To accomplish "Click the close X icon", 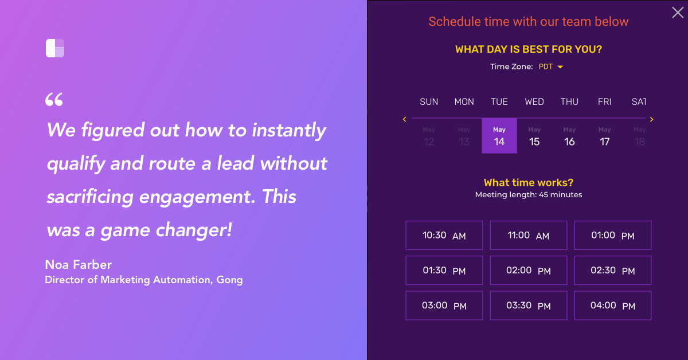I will pyautogui.click(x=677, y=13).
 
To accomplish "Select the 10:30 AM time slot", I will pyautogui.click(x=444, y=236).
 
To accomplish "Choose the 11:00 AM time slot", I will pyautogui.click(x=528, y=236).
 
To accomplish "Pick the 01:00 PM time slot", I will pyautogui.click(x=612, y=236).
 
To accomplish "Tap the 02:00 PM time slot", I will pyautogui.click(x=528, y=271).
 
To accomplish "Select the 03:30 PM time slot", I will pyautogui.click(x=528, y=306).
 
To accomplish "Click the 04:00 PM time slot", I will pyautogui.click(x=612, y=306).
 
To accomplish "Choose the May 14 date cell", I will pyautogui.click(x=499, y=136).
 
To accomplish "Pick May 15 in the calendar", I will pyautogui.click(x=534, y=136).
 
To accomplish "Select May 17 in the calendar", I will pyautogui.click(x=604, y=136).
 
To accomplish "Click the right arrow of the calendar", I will pyautogui.click(x=651, y=119).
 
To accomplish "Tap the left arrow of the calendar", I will pyautogui.click(x=405, y=119).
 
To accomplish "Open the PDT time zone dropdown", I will pyautogui.click(x=550, y=67).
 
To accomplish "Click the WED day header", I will pyautogui.click(x=534, y=102).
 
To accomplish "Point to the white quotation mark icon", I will pyautogui.click(x=54, y=100).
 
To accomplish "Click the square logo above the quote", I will pyautogui.click(x=55, y=48).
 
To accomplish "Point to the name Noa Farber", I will pyautogui.click(x=78, y=264).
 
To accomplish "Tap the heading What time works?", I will pyautogui.click(x=528, y=183).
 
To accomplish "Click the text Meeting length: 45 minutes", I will pyautogui.click(x=528, y=195).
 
